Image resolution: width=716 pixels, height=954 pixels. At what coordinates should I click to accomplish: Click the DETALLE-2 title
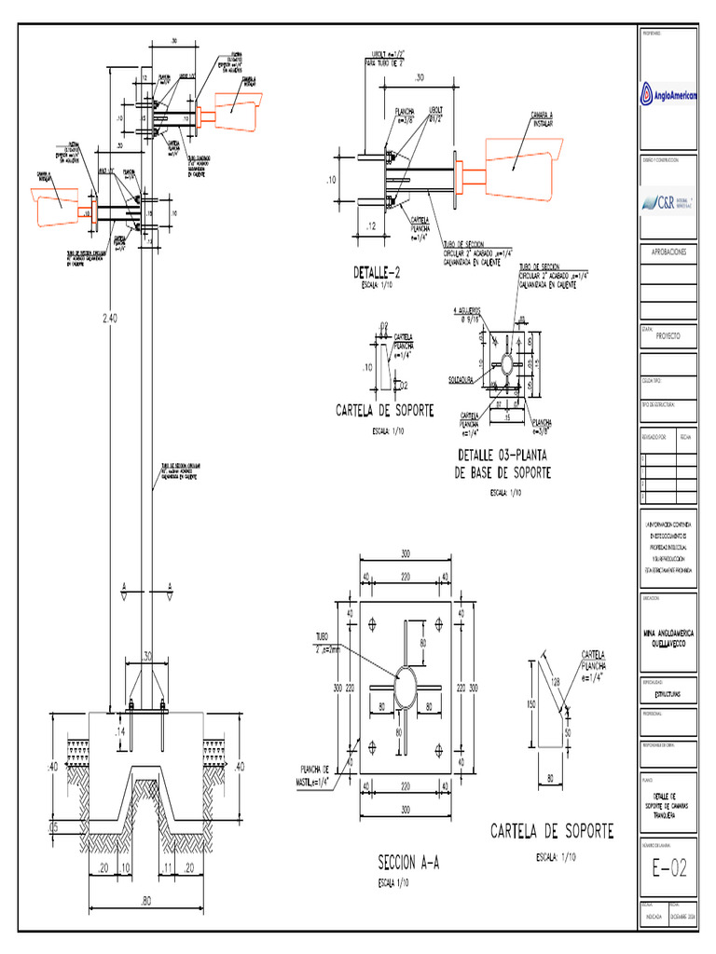pyautogui.click(x=377, y=273)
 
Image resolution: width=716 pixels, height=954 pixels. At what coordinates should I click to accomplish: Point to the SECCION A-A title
pyautogui.click(x=406, y=863)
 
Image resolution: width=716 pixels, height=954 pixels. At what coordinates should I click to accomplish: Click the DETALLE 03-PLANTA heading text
pyautogui.click(x=503, y=456)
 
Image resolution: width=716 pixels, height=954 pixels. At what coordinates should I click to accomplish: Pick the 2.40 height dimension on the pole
pyautogui.click(x=111, y=319)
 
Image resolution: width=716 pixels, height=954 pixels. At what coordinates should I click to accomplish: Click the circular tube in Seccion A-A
pyautogui.click(x=406, y=688)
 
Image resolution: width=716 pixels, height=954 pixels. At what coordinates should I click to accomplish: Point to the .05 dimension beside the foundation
pyautogui.click(x=53, y=825)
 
